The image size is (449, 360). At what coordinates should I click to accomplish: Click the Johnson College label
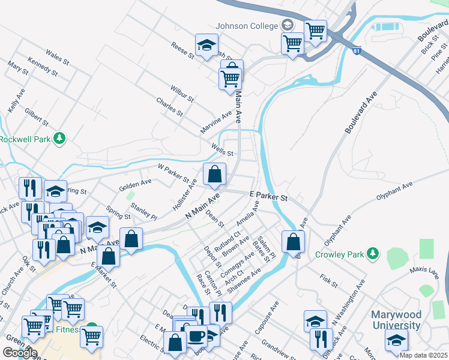pos(247,26)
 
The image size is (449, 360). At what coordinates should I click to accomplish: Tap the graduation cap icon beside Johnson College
pos(288,25)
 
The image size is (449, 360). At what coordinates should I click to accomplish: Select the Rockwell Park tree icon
pos(59,139)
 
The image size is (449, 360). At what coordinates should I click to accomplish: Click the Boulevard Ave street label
pos(361,113)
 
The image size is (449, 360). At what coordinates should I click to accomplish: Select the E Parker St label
pos(268,197)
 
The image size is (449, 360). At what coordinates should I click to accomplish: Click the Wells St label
pos(221,148)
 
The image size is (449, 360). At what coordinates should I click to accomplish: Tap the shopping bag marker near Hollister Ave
pos(214,175)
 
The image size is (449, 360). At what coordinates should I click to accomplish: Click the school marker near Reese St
pos(206,46)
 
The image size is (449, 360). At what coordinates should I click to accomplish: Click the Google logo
pos(19,353)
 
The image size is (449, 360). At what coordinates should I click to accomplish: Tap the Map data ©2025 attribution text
pos(423,355)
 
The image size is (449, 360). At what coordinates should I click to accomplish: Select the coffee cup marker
pos(196,336)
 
